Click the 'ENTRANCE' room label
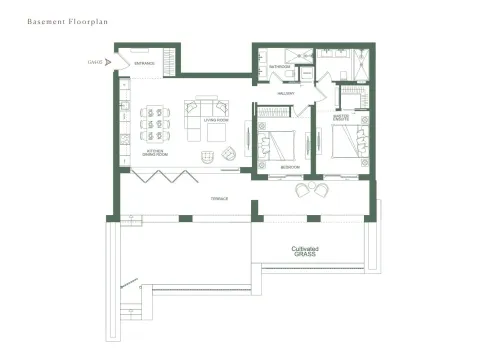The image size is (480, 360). coord(144,64)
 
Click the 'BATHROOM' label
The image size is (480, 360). coord(280,67)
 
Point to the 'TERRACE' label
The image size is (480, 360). coord(218,198)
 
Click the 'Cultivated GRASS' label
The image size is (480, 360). coord(304,251)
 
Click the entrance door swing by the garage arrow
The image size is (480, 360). coord(123,61)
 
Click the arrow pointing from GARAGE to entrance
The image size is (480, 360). coord(110,62)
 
